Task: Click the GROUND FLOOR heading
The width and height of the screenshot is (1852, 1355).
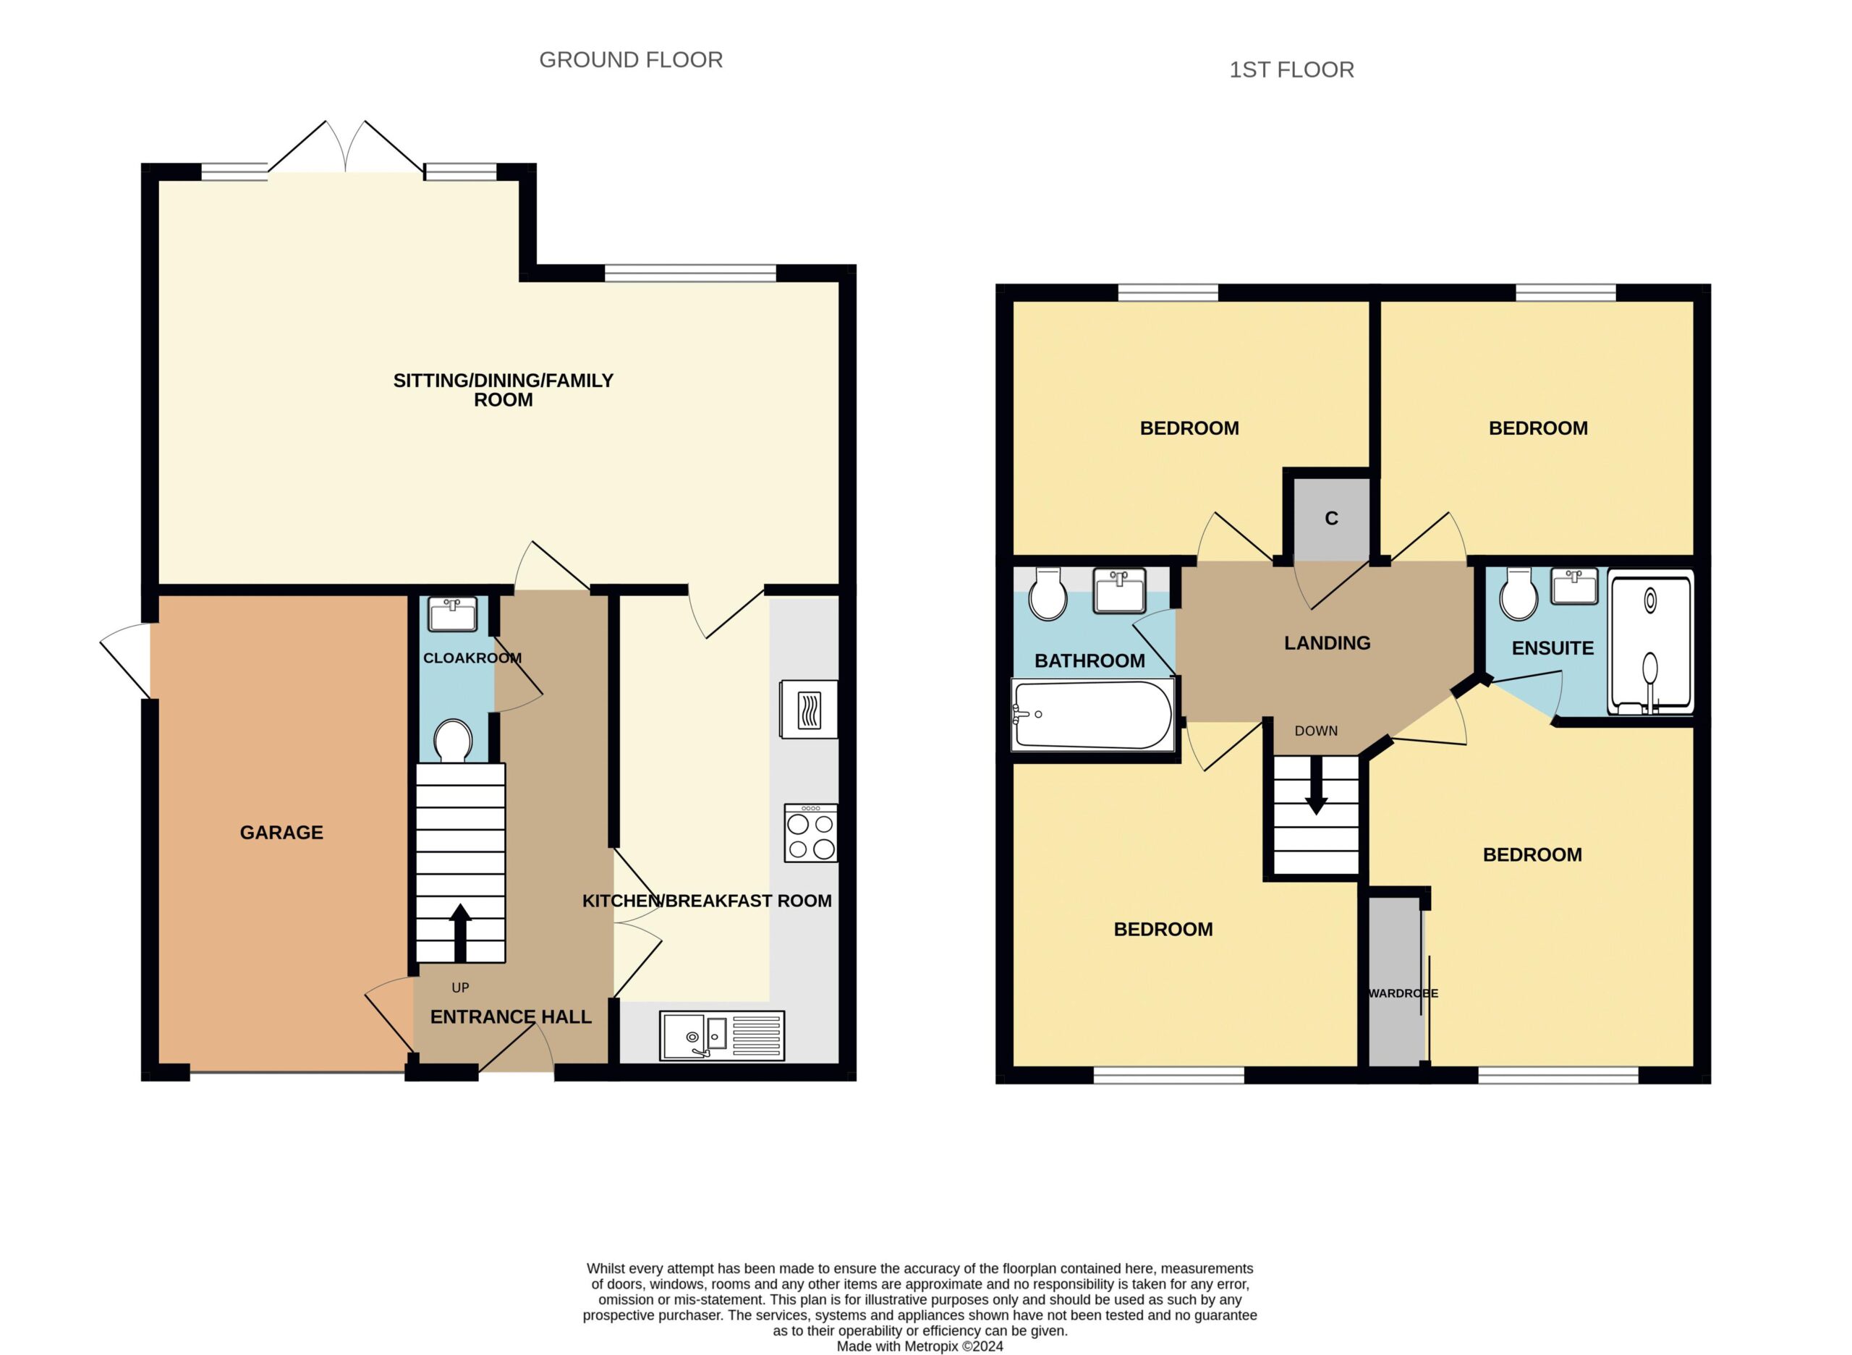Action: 631,60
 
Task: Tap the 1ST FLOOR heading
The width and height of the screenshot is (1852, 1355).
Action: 1291,69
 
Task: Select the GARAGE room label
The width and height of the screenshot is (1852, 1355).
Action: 281,833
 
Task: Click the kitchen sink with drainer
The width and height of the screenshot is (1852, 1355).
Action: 722,1036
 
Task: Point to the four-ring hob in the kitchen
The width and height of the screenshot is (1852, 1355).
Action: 810,833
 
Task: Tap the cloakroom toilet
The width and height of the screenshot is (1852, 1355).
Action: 453,741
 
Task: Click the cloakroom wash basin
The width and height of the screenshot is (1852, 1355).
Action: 453,613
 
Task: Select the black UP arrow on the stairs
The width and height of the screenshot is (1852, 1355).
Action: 460,933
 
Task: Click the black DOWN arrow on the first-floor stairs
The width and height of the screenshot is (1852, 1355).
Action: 1317,786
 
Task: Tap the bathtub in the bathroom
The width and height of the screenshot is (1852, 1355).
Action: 1093,715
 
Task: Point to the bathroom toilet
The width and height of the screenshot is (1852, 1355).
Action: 1048,593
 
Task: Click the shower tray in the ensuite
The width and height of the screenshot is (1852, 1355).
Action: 1650,642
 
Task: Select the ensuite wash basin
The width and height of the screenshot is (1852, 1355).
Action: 1574,587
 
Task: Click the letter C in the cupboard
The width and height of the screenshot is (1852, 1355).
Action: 1331,519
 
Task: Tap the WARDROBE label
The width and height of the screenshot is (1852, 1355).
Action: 1403,993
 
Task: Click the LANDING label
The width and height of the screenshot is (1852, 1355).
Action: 1327,643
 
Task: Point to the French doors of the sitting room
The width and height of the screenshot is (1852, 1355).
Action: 345,148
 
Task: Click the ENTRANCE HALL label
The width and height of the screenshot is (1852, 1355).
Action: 511,1017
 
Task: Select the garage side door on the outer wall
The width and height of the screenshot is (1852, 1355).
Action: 125,661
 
